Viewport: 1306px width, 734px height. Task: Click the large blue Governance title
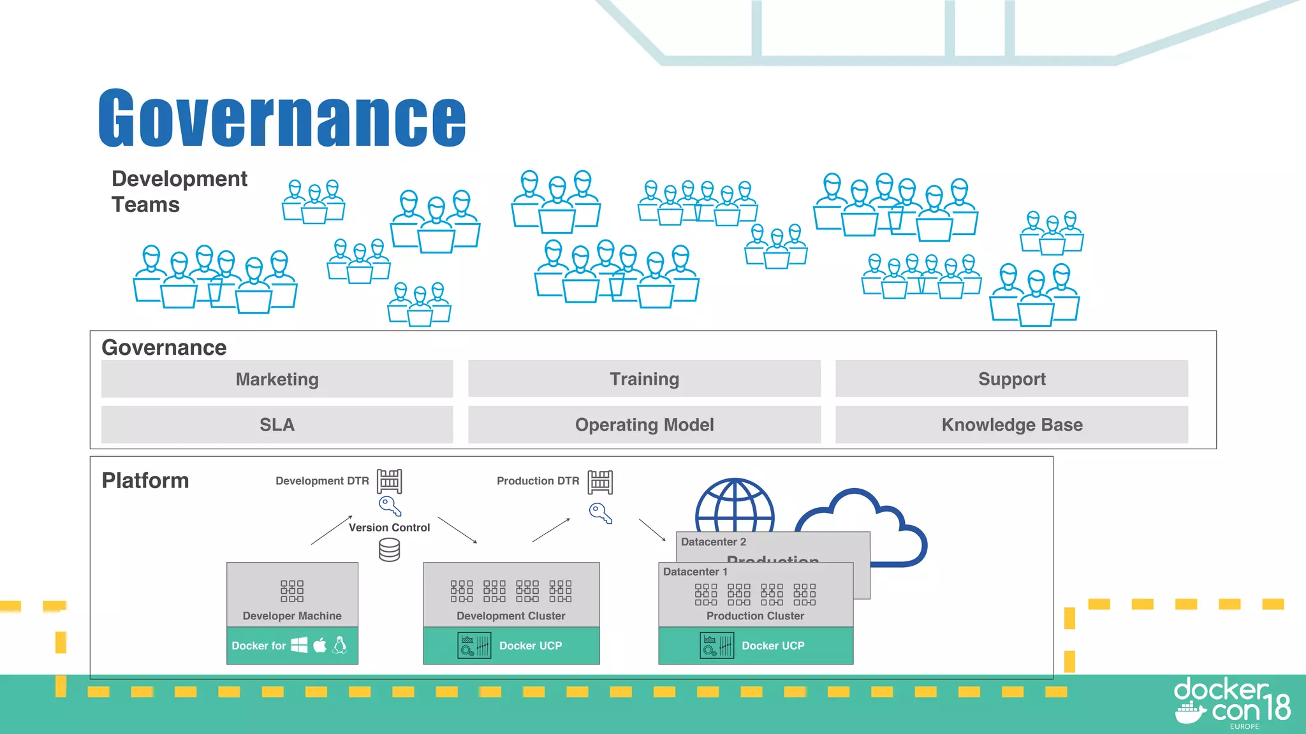pos(282,119)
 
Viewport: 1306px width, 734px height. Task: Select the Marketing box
pos(277,379)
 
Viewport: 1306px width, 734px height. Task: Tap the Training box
pos(644,379)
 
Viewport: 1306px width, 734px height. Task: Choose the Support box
pos(1011,379)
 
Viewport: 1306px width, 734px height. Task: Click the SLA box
pos(277,425)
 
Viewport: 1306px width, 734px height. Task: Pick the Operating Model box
pos(644,425)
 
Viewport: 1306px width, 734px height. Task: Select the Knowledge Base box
pos(1011,425)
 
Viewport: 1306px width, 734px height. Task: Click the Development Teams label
pos(179,191)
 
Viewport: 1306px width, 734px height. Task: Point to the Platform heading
pos(145,480)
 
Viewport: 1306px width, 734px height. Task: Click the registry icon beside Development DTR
pos(389,481)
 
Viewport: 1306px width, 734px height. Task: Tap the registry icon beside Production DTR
pos(600,482)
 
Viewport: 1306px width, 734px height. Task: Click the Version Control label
pos(389,528)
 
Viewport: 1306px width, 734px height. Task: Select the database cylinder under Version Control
pos(389,550)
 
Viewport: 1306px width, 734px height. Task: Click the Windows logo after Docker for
pos(299,645)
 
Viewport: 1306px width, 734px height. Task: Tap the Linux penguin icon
pos(340,645)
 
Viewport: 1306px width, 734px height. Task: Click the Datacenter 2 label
pos(713,542)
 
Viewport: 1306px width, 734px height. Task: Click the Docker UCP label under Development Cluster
pos(530,645)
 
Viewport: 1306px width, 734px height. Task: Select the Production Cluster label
pos(755,616)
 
